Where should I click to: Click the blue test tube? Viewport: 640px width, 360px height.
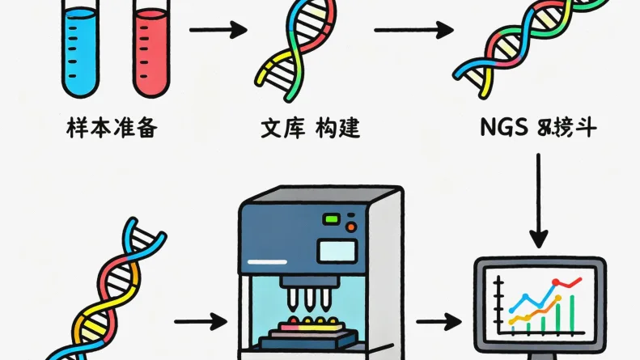[x=80, y=49]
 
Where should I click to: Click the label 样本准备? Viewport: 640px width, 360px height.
[x=108, y=129]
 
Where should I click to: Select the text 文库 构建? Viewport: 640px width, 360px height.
[x=311, y=129]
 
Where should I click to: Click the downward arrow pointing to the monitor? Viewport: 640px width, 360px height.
[x=539, y=202]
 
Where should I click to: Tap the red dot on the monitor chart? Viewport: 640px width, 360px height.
[x=557, y=283]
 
